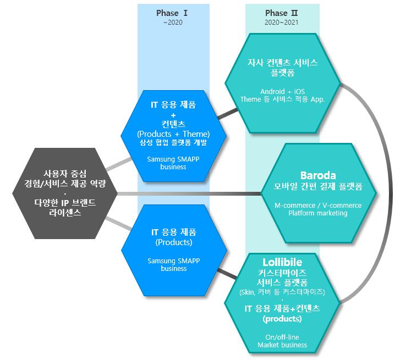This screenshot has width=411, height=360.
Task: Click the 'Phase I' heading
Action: (x=173, y=13)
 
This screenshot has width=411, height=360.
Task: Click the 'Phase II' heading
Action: (x=282, y=13)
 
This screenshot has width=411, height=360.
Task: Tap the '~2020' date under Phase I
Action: (x=173, y=23)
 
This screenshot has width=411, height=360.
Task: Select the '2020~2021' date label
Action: (x=282, y=23)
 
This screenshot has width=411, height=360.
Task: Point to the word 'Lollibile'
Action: (x=282, y=261)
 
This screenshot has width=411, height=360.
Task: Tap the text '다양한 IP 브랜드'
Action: (x=64, y=203)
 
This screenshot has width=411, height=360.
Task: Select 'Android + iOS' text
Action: (x=282, y=91)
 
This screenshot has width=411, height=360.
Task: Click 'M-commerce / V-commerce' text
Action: (x=318, y=205)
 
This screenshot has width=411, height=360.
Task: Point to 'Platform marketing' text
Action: (x=318, y=213)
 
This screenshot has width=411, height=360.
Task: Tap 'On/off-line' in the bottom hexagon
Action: (x=282, y=336)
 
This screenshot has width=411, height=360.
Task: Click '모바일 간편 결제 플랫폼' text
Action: (x=318, y=187)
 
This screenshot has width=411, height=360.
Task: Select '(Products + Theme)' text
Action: (x=173, y=134)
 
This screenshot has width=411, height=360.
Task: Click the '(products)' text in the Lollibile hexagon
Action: (x=282, y=319)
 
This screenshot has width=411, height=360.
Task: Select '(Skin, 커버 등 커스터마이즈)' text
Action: (x=282, y=291)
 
